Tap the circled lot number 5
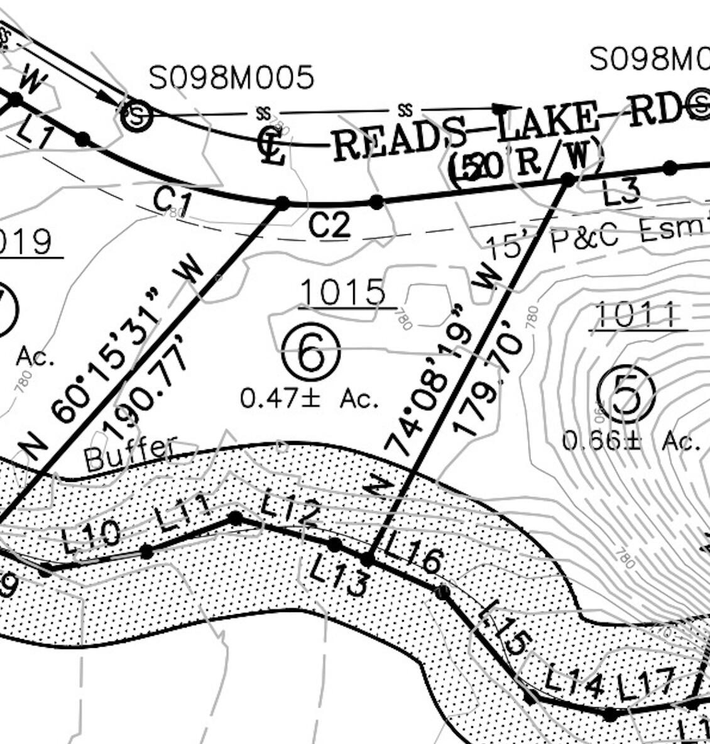626,395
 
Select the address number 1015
343,292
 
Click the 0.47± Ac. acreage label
310,398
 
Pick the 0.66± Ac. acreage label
631,441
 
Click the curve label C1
172,201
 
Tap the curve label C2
329,225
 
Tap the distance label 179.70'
488,385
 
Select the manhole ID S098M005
231,78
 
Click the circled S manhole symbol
137,116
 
